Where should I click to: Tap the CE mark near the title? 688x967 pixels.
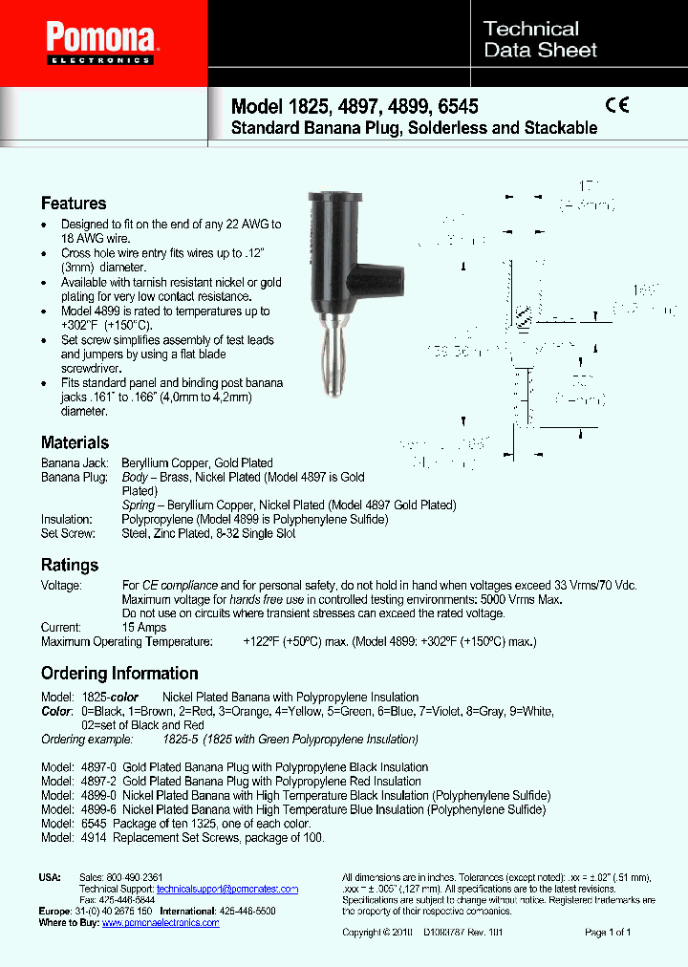coord(617,106)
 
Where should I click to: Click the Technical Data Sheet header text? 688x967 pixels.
coord(540,40)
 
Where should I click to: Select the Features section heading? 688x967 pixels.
coord(74,204)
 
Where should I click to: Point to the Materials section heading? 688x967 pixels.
coord(75,442)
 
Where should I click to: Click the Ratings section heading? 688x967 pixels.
coord(69,565)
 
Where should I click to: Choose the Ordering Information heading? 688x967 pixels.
coord(119,673)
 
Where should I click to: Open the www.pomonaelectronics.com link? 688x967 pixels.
coord(161,923)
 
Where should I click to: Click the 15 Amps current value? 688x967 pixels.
coord(144,628)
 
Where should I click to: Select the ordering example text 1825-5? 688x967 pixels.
coord(181,739)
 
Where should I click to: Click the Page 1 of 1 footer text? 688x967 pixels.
coord(608,932)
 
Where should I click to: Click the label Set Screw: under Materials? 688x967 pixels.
coord(67,533)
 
